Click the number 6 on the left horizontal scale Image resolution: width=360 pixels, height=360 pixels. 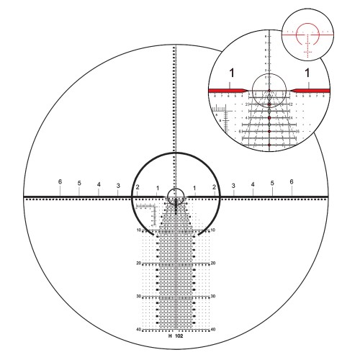(60, 181)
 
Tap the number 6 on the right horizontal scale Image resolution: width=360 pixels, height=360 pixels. (292, 181)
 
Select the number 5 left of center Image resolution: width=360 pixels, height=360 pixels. (79, 183)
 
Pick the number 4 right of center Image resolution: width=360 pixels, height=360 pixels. (253, 185)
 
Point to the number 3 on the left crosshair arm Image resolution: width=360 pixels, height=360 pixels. (118, 186)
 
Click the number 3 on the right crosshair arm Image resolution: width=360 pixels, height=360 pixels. (233, 186)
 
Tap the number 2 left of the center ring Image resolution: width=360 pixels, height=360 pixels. (138, 187)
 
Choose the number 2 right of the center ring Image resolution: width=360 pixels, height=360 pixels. (214, 187)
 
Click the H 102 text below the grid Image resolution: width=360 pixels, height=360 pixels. (176, 336)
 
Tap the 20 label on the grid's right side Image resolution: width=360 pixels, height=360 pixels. (214, 264)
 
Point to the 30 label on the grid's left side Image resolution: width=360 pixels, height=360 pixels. (138, 296)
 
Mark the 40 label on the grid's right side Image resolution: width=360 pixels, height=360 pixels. (214, 329)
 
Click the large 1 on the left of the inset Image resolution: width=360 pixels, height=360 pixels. (231, 73)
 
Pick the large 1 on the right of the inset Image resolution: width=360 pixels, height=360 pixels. (307, 73)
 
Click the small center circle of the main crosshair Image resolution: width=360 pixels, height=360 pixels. (176, 195)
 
